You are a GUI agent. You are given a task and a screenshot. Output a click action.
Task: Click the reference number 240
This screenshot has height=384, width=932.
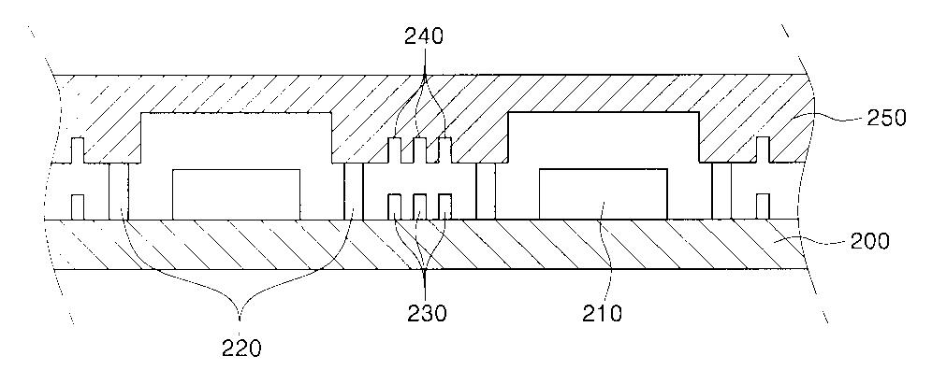424,36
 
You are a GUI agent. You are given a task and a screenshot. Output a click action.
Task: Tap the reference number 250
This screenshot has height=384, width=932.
887,118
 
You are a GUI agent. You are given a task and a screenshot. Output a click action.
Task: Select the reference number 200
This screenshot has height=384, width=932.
869,241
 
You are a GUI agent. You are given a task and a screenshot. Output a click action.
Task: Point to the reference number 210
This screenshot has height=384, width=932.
603,312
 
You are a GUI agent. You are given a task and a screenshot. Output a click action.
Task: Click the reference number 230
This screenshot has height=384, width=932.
427,312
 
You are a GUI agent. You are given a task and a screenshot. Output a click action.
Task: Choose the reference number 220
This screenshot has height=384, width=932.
242,349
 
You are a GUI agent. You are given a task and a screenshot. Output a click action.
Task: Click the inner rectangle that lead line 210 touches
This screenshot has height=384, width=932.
603,194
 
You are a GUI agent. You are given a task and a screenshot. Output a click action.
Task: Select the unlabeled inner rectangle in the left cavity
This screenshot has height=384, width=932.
236,194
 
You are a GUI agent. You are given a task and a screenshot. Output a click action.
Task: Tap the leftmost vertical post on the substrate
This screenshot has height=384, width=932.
118,192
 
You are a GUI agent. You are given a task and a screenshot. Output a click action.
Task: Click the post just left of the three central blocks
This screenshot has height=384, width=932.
353,192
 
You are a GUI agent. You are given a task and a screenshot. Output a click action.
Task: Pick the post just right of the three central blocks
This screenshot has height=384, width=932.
486,192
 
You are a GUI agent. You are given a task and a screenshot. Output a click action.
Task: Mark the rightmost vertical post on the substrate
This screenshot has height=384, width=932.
721,192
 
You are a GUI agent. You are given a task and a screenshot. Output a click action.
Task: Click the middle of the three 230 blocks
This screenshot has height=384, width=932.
419,207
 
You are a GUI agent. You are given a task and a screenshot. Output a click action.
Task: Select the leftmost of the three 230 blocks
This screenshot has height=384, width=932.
395,207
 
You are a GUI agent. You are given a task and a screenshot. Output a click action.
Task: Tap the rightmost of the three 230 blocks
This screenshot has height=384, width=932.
444,207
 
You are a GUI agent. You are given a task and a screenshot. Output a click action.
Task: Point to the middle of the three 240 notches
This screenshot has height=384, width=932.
419,150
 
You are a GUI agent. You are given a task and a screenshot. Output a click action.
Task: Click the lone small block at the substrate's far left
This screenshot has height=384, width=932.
78,207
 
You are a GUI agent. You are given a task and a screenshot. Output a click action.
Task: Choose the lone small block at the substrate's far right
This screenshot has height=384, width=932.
764,207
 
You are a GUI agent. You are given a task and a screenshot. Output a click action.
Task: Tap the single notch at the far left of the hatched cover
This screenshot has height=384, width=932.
78,150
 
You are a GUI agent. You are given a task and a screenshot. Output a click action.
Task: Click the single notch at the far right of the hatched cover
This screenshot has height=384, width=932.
764,149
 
